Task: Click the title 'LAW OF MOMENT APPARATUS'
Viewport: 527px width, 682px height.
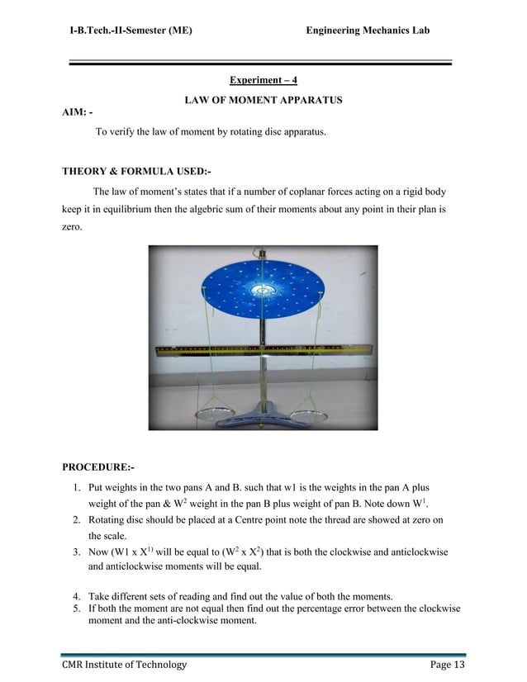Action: pyautogui.click(x=263, y=100)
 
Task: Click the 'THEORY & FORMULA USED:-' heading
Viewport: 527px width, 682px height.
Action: pyautogui.click(x=136, y=172)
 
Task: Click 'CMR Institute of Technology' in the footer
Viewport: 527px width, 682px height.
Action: pyautogui.click(x=125, y=665)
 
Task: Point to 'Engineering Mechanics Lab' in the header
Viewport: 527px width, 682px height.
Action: pyautogui.click(x=368, y=31)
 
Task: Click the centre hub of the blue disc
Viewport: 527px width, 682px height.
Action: pyautogui.click(x=263, y=291)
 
